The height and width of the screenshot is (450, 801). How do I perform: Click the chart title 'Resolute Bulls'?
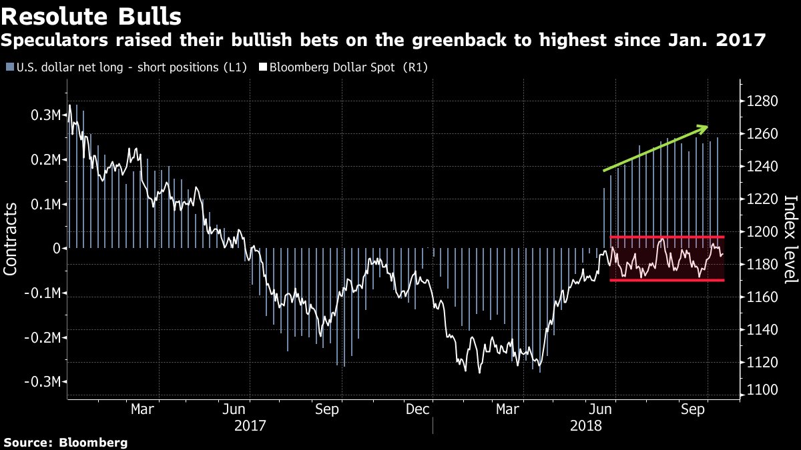click(94, 15)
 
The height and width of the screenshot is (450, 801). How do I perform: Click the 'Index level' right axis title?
click(791, 239)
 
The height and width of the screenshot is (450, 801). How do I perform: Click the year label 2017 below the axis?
click(250, 425)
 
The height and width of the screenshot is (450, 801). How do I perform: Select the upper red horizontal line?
click(667, 237)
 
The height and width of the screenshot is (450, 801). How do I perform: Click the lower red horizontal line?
click(667, 280)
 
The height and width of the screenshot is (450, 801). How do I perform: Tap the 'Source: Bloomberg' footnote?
click(65, 442)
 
